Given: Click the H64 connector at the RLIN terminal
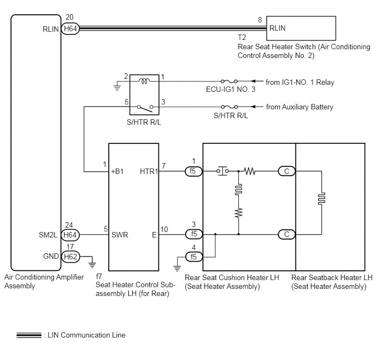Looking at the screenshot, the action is (x=70, y=28).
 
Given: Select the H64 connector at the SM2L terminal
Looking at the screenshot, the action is (x=70, y=235).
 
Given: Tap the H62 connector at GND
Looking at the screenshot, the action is (x=70, y=257).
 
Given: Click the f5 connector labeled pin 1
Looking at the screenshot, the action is (x=194, y=171).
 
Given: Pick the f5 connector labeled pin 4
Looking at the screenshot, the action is (x=194, y=257).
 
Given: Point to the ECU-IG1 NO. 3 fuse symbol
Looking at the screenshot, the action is (x=229, y=82).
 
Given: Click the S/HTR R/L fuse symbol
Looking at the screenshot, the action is (x=230, y=107).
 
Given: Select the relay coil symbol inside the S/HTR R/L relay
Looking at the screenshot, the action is (x=144, y=81).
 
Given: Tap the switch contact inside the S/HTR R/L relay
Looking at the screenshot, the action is (x=145, y=108).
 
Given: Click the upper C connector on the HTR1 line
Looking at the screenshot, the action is (x=286, y=171).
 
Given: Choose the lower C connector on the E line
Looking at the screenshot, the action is (x=286, y=234).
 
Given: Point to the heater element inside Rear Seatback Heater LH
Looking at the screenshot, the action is (x=321, y=199).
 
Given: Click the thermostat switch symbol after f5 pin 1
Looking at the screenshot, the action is (x=222, y=171).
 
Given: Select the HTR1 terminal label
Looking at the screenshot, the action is (x=149, y=171).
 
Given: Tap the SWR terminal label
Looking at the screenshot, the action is (x=120, y=235).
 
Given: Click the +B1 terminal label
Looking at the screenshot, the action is (x=117, y=171).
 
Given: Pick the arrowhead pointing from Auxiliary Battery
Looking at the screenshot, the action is (x=253, y=107).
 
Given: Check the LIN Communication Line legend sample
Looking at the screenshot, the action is (x=29, y=335).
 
